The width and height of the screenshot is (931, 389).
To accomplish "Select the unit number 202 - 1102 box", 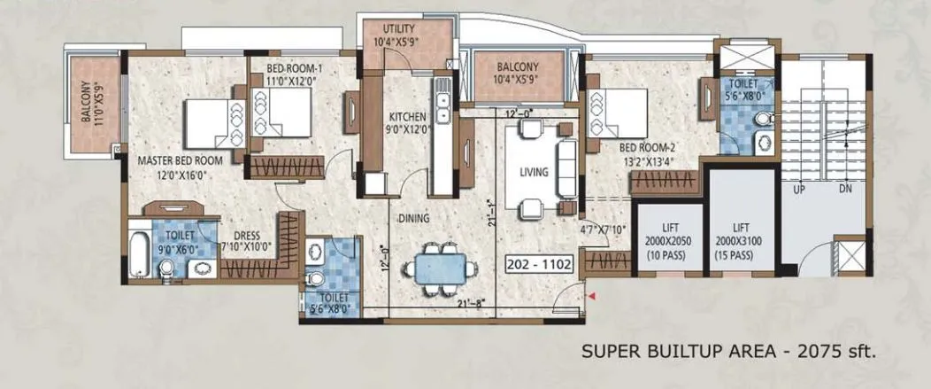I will click(x=540, y=263).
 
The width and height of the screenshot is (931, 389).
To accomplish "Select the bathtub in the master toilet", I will click(x=139, y=254).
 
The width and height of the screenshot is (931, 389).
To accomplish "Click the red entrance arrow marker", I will click(x=594, y=296).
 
